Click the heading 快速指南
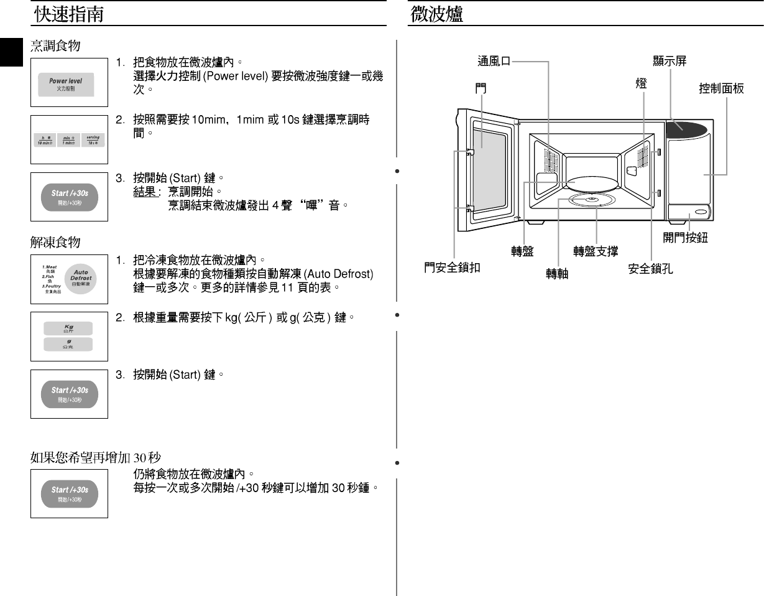[x=68, y=14]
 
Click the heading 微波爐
[x=436, y=14]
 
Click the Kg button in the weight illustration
[x=68, y=328]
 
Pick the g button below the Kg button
[x=68, y=344]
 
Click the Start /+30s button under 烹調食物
[x=69, y=196]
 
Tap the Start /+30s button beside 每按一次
[x=69, y=493]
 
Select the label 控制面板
[x=721, y=89]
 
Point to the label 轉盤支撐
[x=596, y=251]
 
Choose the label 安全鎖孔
[x=650, y=269]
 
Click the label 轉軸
[x=557, y=274]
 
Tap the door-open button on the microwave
[x=701, y=213]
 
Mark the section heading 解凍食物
[x=55, y=241]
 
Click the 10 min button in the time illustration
[x=44, y=140]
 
